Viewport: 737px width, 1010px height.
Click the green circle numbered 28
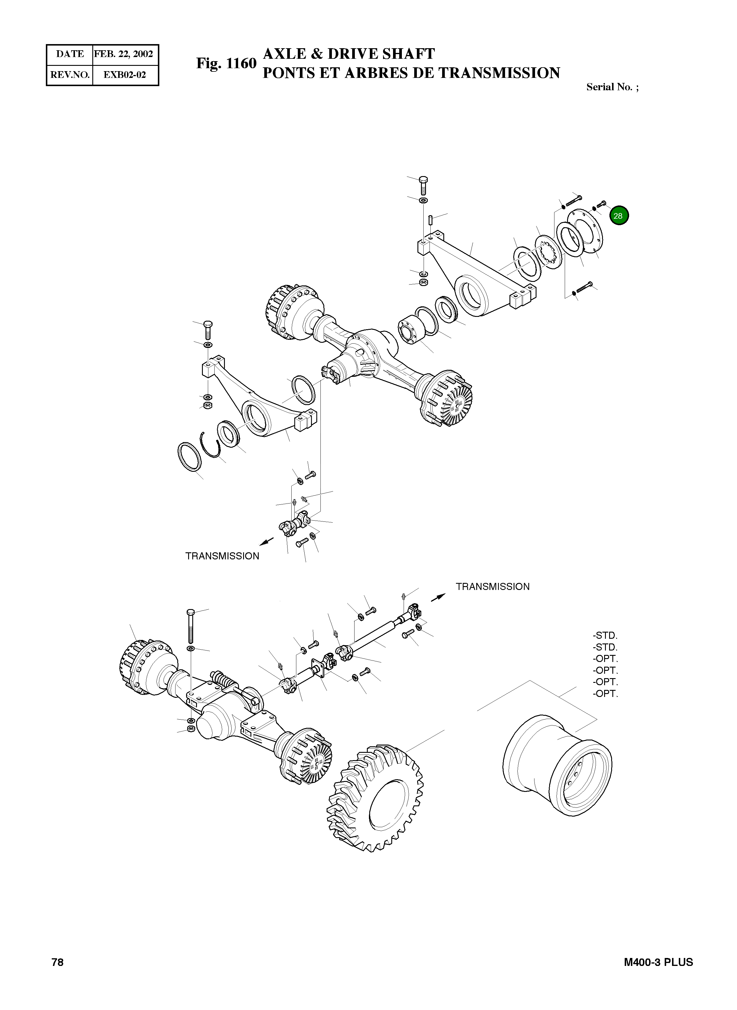click(618, 215)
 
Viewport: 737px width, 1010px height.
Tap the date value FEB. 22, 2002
click(123, 54)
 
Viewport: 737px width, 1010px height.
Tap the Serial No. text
click(612, 87)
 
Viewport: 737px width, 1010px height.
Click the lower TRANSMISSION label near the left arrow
click(222, 556)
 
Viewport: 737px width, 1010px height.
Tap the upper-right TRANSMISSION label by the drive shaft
click(492, 587)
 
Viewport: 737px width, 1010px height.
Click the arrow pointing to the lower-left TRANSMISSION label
click(266, 541)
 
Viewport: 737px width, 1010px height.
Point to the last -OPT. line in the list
click(605, 694)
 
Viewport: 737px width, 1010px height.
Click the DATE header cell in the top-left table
click(70, 54)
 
